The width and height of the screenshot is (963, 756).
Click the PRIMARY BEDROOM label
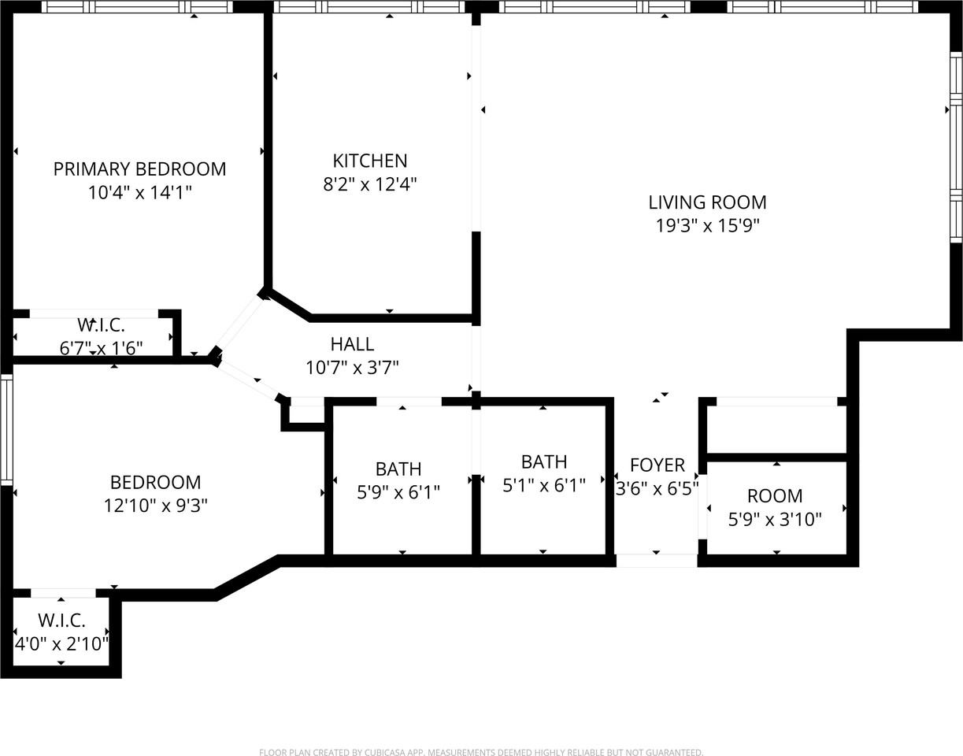point(139,169)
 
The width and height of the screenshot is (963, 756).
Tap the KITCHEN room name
point(370,161)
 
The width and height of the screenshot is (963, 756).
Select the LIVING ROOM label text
point(707,202)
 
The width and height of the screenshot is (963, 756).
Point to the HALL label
point(352,344)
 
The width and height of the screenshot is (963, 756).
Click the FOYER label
point(657,465)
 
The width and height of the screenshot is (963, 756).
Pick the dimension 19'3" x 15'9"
point(707,226)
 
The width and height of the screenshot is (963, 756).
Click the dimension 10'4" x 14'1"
point(139,193)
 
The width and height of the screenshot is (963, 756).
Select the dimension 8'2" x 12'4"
point(370,184)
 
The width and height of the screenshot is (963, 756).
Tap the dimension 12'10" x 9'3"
point(156,506)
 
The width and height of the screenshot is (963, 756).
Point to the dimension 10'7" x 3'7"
point(352,368)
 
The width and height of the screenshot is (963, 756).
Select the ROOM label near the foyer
point(775,496)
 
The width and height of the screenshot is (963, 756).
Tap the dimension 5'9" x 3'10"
point(775,520)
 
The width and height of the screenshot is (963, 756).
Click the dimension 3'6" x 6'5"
point(657,489)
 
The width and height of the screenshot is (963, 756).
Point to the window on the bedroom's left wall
point(6,429)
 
